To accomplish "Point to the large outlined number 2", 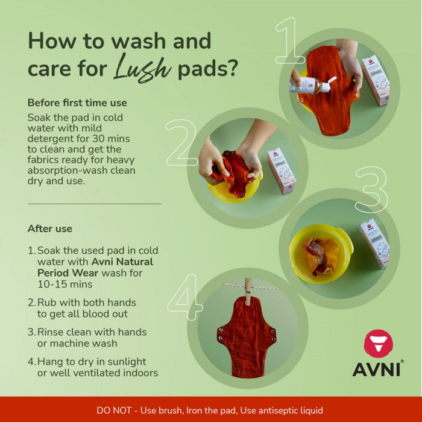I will (181, 143).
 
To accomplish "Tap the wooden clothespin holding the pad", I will (248, 291).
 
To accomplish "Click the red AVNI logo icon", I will (378, 344).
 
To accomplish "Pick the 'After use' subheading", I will (50, 228).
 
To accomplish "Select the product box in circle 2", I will (281, 171).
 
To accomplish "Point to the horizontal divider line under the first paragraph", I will (95, 204).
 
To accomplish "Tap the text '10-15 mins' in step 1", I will (65, 284).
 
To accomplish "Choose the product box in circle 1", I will (375, 80).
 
